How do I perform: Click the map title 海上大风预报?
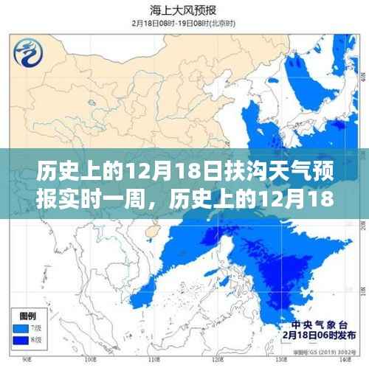pos(184,10)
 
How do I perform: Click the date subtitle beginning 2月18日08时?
pos(184,23)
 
